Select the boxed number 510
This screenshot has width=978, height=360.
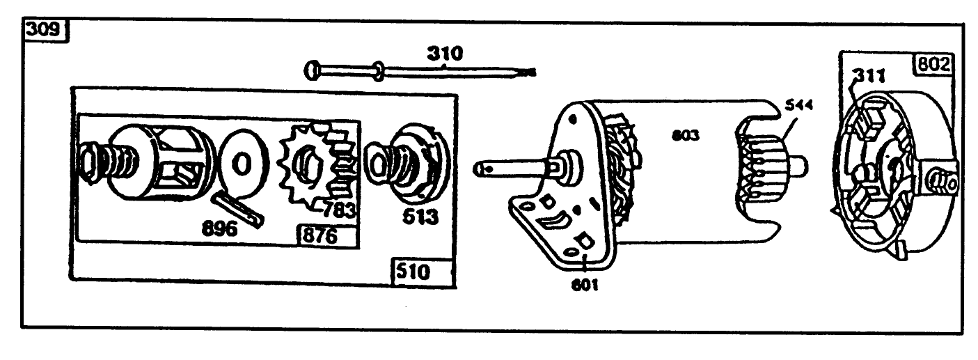coord(413,272)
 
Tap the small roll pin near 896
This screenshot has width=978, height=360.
coord(239,208)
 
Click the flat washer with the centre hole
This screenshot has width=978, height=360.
coord(242,166)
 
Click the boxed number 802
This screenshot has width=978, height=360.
coord(931,65)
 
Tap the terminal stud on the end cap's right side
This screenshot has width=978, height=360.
coord(943,182)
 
